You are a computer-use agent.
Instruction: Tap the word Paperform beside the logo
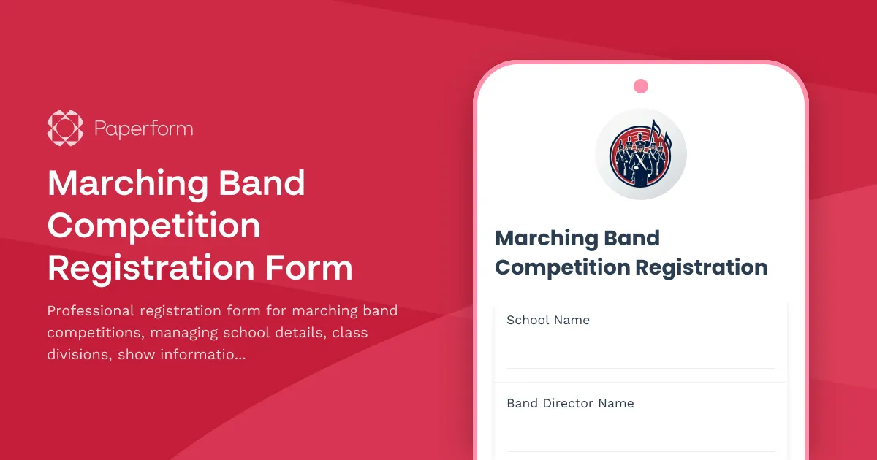pos(143,129)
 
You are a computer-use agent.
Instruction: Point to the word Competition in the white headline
pos(154,226)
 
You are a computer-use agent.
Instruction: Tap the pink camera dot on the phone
pos(641,86)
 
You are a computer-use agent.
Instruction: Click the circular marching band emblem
pos(641,154)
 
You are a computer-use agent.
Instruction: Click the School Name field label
pos(548,320)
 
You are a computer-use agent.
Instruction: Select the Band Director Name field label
pos(570,403)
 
